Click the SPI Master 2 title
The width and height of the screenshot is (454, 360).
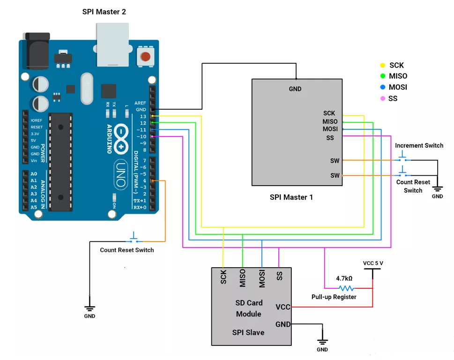click(104, 11)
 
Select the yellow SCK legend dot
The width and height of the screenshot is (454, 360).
click(382, 66)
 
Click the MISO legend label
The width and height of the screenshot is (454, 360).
click(398, 76)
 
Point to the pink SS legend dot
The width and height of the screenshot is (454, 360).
click(382, 98)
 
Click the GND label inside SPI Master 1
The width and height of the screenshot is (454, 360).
click(295, 89)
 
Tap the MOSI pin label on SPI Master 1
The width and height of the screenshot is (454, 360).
click(330, 129)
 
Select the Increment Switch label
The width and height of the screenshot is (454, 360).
click(419, 145)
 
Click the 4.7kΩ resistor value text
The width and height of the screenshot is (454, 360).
click(344, 278)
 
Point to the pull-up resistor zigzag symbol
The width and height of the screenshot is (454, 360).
click(346, 288)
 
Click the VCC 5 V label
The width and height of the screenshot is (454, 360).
click(373, 263)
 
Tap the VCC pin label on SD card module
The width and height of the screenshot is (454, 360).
click(283, 307)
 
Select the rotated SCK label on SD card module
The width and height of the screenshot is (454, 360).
click(223, 277)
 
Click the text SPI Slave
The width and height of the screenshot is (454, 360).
click(248, 332)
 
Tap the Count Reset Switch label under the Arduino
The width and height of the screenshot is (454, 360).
click(127, 250)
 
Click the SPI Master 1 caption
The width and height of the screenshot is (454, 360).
click(291, 197)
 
